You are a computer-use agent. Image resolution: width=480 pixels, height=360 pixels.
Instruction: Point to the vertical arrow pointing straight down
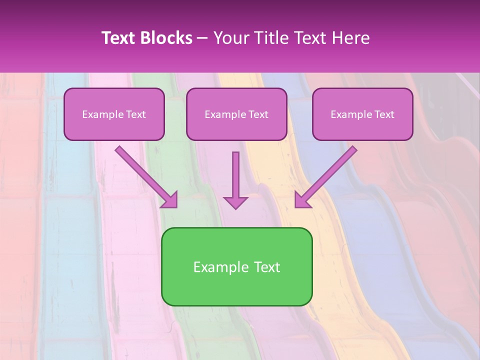click(x=235, y=175)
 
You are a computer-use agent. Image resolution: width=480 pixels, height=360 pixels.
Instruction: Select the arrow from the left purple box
click(x=142, y=173)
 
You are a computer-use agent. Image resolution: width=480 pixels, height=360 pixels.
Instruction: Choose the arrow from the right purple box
click(x=330, y=173)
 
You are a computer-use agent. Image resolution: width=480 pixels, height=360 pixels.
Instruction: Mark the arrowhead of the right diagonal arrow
click(x=302, y=200)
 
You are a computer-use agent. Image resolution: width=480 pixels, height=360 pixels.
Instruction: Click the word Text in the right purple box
click(x=384, y=114)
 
